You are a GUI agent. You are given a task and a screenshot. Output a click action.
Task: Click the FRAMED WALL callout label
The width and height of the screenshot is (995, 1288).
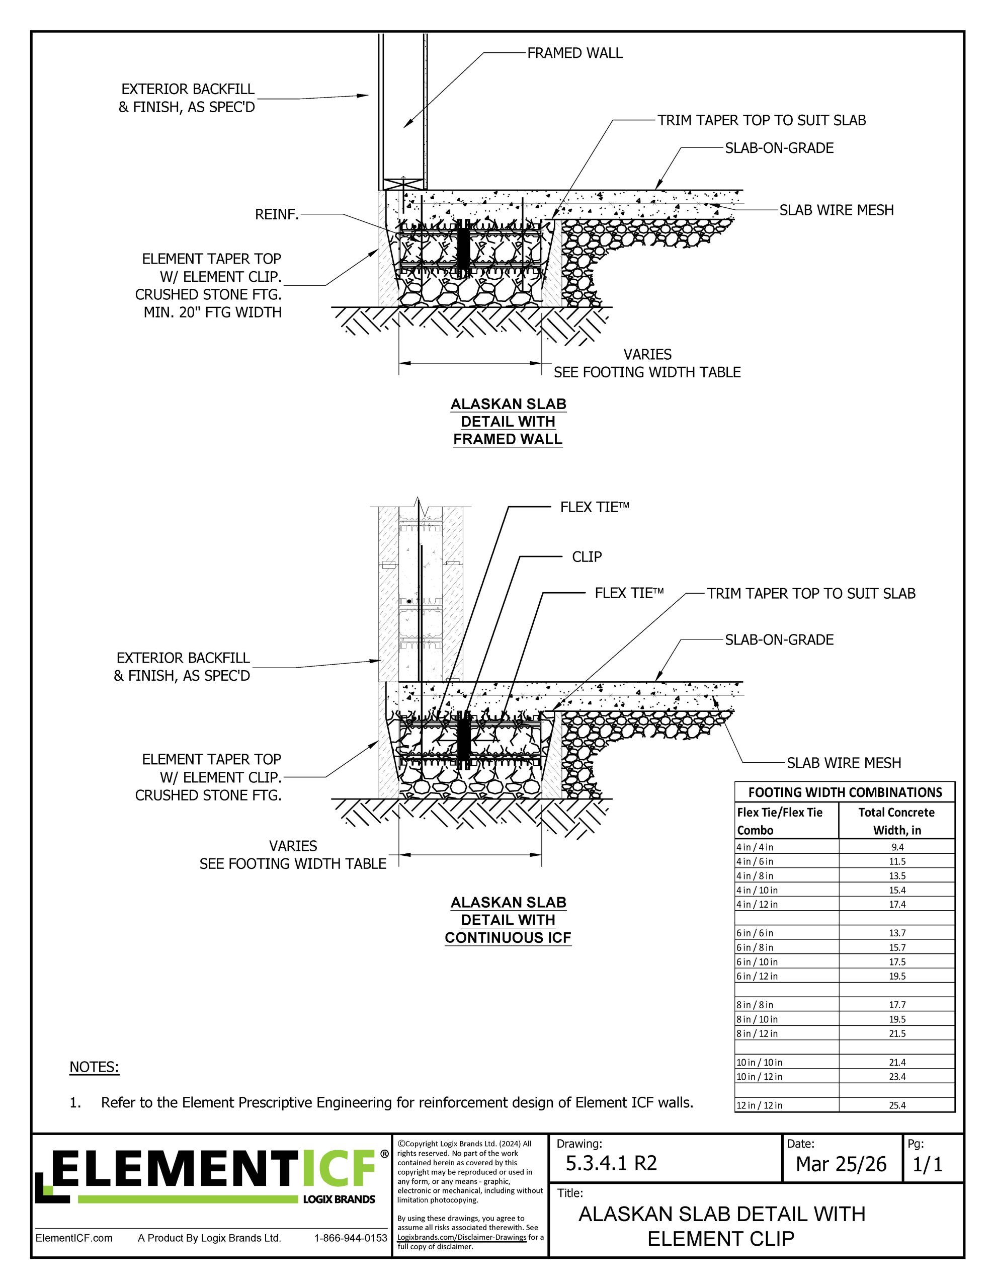pos(574,53)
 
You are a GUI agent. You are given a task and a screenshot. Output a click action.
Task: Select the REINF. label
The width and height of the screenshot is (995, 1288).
pos(277,215)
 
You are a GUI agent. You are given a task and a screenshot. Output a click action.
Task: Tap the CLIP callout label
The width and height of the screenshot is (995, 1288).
pos(587,557)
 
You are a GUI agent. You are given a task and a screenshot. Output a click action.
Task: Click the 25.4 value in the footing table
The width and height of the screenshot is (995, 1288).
pos(896,1105)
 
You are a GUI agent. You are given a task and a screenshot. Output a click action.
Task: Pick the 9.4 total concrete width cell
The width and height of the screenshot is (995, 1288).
pos(897,847)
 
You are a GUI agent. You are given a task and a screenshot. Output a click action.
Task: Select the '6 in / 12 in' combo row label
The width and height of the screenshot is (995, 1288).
pos(757,976)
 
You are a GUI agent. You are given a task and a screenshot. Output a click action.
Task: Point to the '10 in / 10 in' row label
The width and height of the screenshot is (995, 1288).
pos(759,1062)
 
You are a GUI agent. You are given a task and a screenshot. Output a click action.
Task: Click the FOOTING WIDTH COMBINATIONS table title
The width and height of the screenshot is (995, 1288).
pos(845,792)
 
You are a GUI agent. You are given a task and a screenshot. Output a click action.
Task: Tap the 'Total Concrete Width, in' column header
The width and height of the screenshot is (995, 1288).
pos(896,821)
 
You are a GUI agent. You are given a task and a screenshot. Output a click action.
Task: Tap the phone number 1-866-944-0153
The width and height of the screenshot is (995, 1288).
pos(351,1238)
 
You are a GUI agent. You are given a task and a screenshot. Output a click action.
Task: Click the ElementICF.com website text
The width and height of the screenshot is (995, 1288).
pos(74,1238)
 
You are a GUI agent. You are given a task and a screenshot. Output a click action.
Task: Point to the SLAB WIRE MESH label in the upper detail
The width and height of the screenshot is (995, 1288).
pos(837,210)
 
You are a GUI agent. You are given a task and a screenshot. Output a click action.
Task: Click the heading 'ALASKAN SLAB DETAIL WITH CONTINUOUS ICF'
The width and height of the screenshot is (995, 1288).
pos(508,920)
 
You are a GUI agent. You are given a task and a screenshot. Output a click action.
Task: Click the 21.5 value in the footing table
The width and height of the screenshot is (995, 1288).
pos(896,1033)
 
